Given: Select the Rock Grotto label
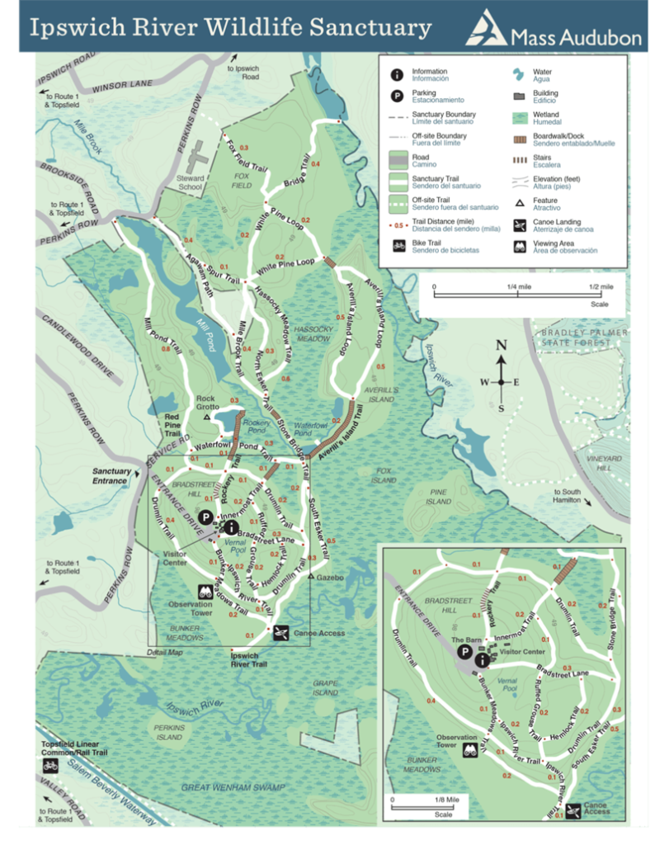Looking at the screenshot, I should coord(206,403).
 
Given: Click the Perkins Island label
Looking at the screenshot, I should coord(169,732).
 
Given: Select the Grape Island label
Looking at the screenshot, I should coord(326,688).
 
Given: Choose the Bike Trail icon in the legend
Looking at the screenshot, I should coord(397,245).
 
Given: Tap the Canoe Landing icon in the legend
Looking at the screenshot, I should coord(518,225).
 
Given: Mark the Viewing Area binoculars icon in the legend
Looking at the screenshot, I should coord(518,247).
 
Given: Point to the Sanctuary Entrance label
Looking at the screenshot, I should coord(111,476).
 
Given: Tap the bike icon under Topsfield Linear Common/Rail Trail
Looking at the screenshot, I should coord(50,767).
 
